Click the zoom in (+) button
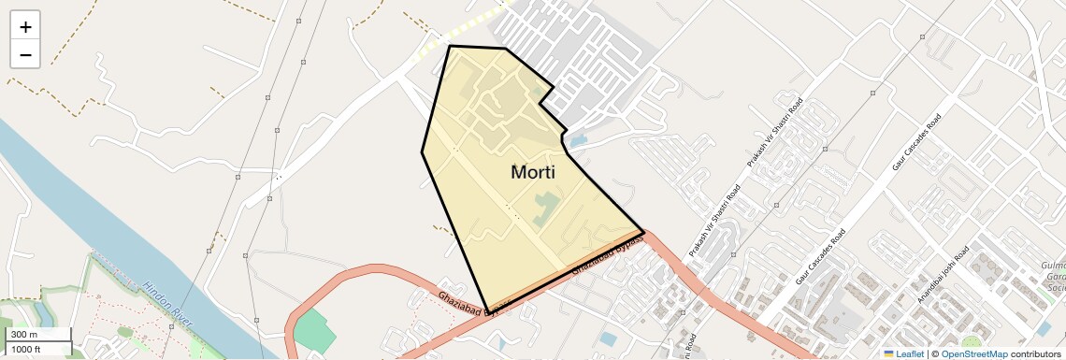pyautogui.click(x=25, y=26)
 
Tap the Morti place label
pyautogui.click(x=533, y=172)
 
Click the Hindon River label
pyautogui.click(x=168, y=302)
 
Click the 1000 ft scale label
pyautogui.click(x=25, y=349)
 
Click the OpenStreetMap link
pyautogui.click(x=973, y=353)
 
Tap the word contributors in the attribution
pyautogui.click(x=1037, y=353)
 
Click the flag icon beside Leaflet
pyautogui.click(x=888, y=353)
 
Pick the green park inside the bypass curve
pyautogui.click(x=314, y=332)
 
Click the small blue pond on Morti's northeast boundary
pyautogui.click(x=576, y=141)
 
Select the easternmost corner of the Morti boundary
pyautogui.click(x=644, y=230)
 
